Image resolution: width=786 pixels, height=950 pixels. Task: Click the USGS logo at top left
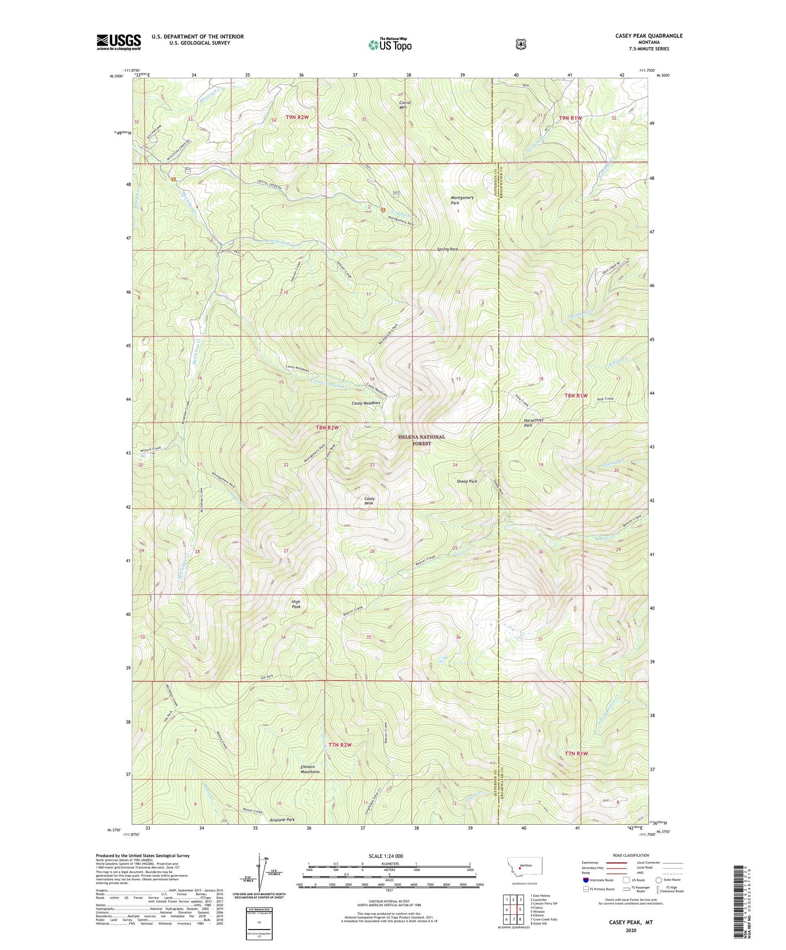pos(118,42)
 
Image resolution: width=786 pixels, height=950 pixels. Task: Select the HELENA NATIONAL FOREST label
pos(421,440)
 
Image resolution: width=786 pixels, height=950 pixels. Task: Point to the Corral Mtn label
pos(405,105)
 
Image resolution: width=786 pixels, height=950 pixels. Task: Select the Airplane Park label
pos(282,820)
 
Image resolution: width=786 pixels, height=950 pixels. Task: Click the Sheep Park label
pos(466,481)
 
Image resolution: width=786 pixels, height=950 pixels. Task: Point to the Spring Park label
pos(447,249)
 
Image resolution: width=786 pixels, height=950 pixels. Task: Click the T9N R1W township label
pos(570,118)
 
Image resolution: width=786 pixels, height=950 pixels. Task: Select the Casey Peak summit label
pos(369,501)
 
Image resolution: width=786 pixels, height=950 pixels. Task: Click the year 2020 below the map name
pos(630,930)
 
